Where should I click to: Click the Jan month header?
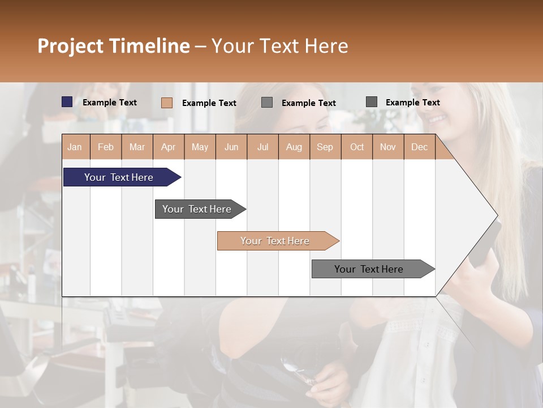75,147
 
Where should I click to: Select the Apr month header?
168,147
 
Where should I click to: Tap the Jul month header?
262,147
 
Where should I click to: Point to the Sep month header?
325,147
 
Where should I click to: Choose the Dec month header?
419,147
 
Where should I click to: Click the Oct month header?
356,147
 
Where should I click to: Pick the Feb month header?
106,147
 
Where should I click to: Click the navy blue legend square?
67,102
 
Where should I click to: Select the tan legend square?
167,103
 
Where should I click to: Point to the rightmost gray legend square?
372,102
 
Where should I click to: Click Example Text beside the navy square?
110,103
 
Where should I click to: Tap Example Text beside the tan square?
209,103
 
